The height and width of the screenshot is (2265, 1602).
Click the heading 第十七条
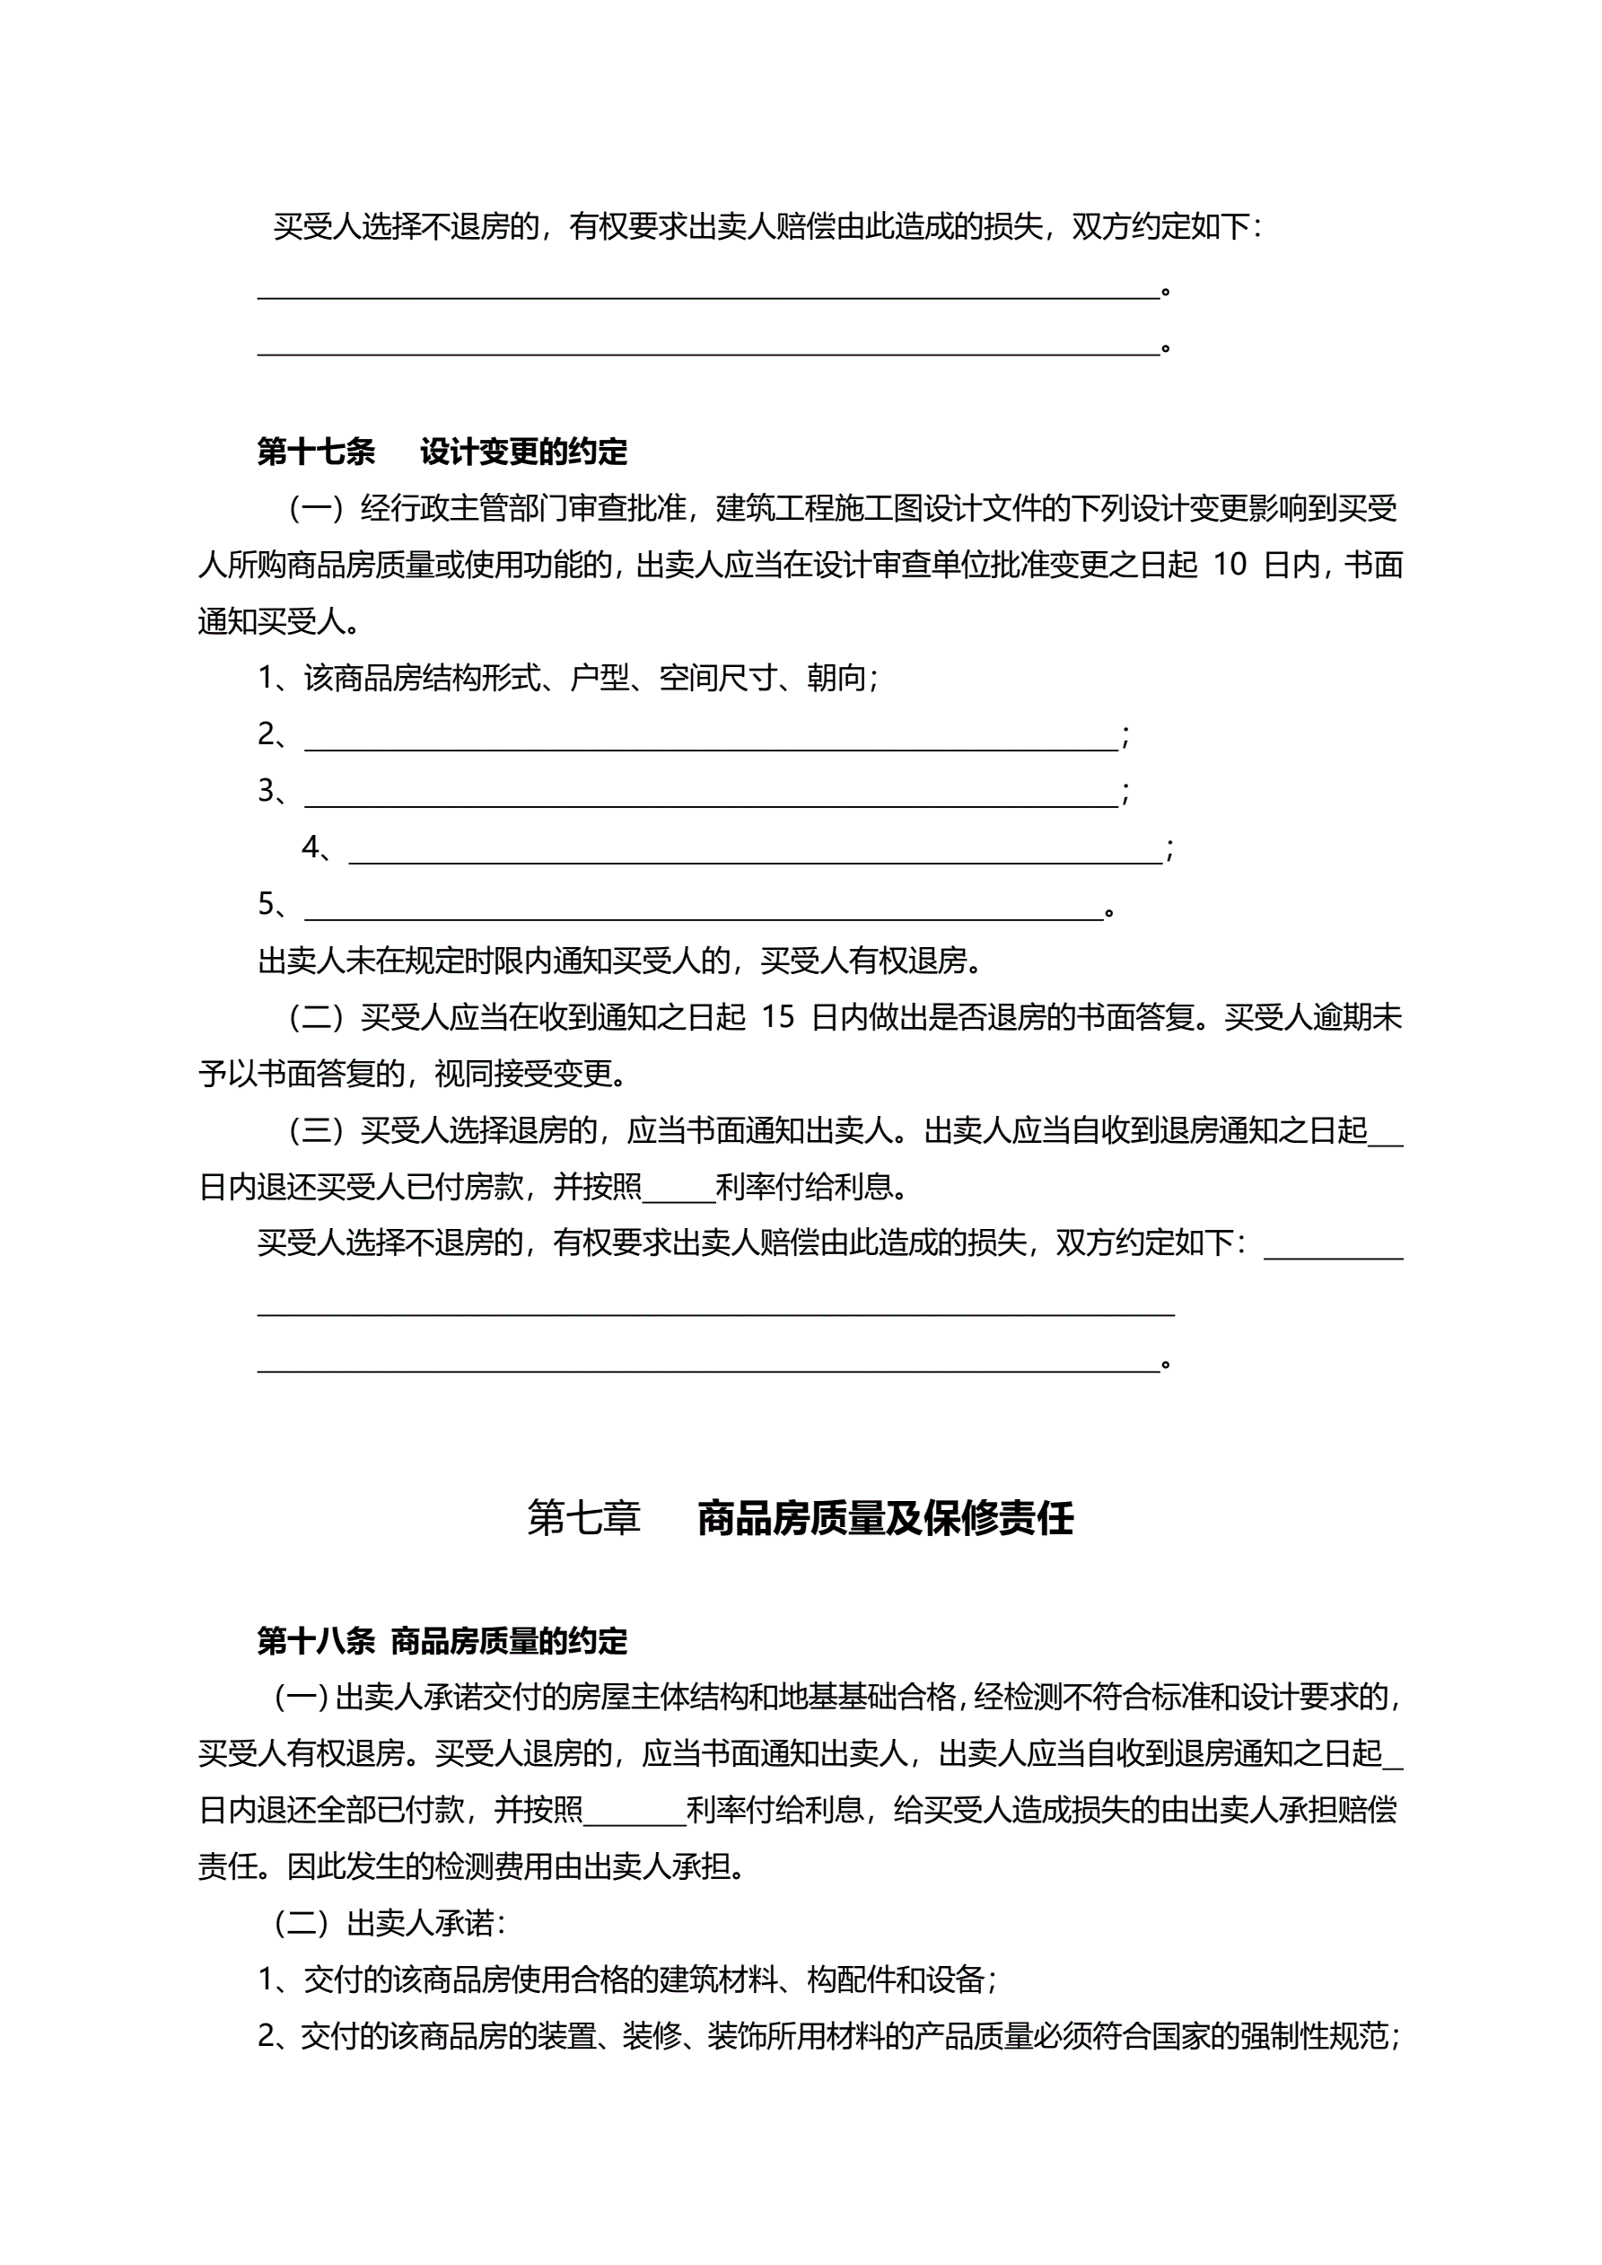pyautogui.click(x=316, y=452)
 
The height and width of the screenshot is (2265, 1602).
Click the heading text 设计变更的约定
pyautogui.click(x=524, y=452)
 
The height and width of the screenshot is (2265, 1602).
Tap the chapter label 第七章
pyautogui.click(x=584, y=1518)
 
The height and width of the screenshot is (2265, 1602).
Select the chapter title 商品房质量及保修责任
pyautogui.click(x=885, y=1518)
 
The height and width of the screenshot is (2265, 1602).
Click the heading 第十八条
pyautogui.click(x=316, y=1640)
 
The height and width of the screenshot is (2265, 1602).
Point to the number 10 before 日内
pyautogui.click(x=1230, y=566)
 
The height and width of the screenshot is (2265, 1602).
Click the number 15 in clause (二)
pyautogui.click(x=777, y=1017)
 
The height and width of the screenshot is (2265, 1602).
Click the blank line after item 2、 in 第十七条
pyautogui.click(x=711, y=740)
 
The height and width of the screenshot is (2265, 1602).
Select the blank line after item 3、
pyautogui.click(x=711, y=796)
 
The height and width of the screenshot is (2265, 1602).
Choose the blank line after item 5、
pyautogui.click(x=704, y=909)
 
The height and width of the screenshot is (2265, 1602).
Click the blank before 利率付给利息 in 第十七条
pyautogui.click(x=678, y=1190)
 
